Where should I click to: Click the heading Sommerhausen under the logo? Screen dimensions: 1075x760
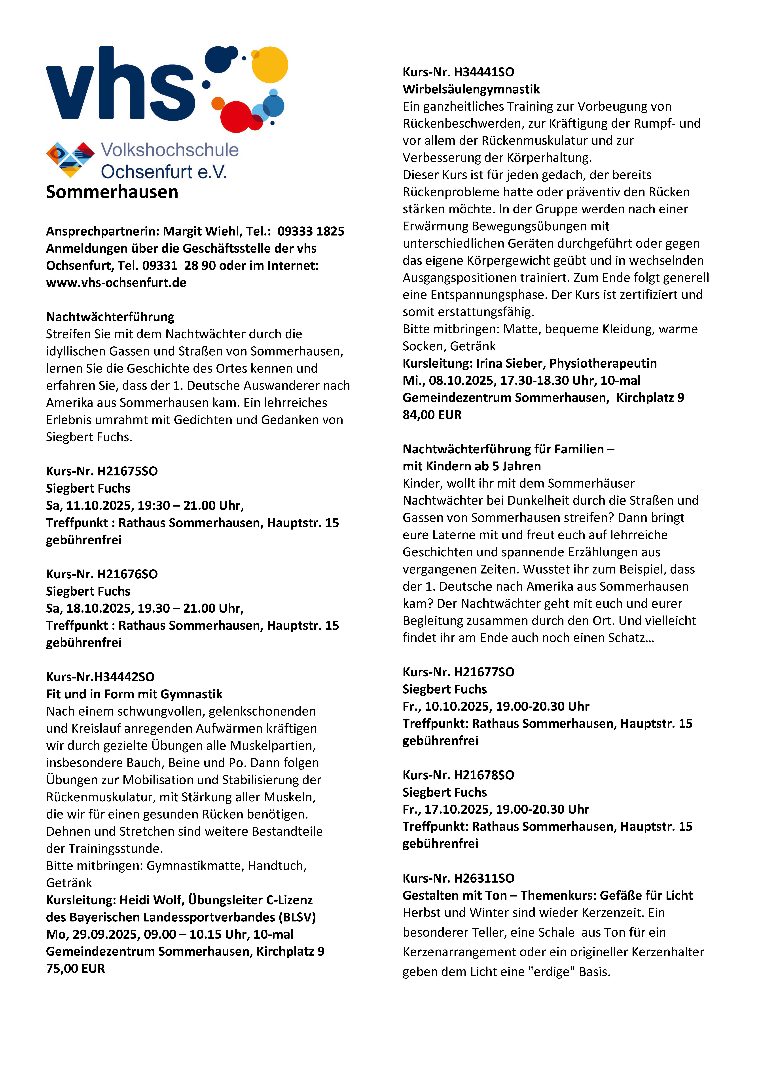point(112,192)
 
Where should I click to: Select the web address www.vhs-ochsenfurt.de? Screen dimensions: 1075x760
point(116,283)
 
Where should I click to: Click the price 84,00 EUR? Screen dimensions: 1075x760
point(432,415)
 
